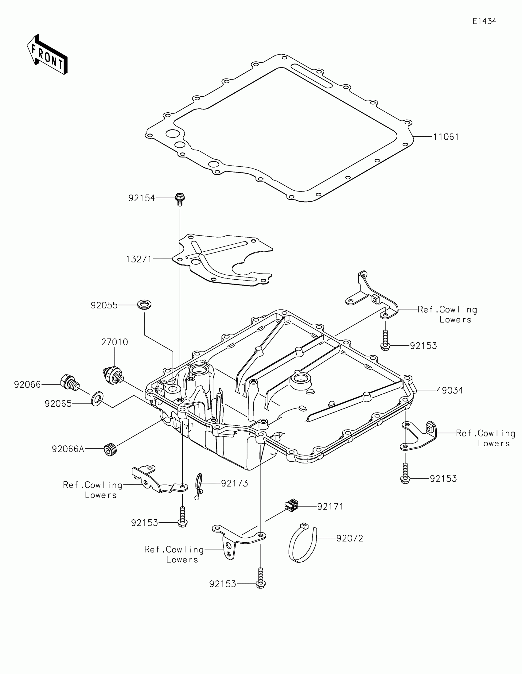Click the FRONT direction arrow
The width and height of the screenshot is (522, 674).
pyautogui.click(x=47, y=55)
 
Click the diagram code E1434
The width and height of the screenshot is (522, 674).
pyautogui.click(x=484, y=21)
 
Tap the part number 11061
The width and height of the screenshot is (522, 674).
pyautogui.click(x=446, y=137)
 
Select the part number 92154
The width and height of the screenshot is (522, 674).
pyautogui.click(x=142, y=198)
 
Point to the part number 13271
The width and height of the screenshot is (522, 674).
pyautogui.click(x=139, y=259)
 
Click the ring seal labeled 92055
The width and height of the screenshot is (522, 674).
pyautogui.click(x=144, y=304)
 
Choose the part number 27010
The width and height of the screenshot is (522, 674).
pyautogui.click(x=115, y=342)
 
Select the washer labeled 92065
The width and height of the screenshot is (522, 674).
pyautogui.click(x=97, y=399)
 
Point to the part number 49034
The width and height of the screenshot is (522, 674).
pyautogui.click(x=450, y=391)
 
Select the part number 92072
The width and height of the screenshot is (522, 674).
pyautogui.click(x=349, y=539)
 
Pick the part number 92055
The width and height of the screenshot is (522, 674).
pyautogui.click(x=104, y=305)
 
